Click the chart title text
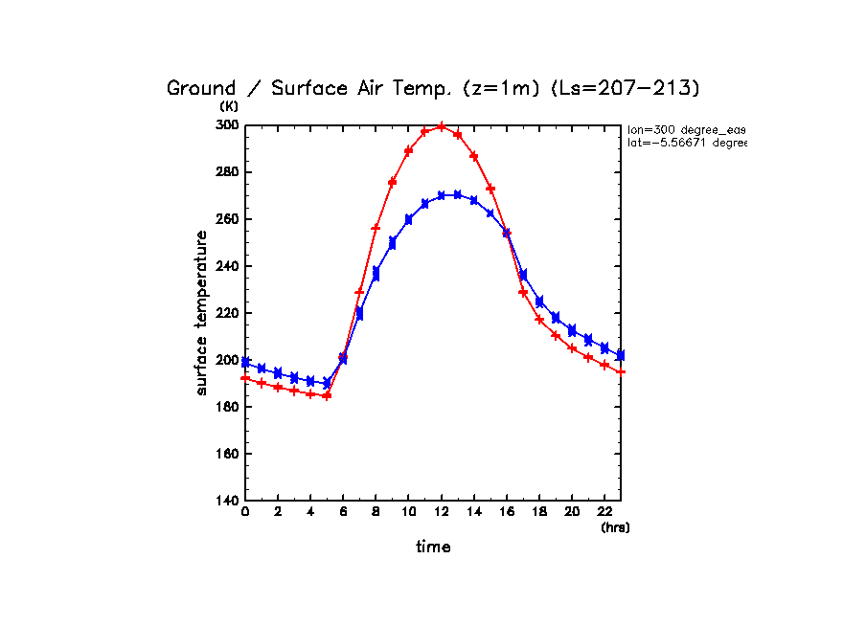(433, 88)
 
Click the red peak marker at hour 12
(441, 125)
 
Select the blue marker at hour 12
(441, 195)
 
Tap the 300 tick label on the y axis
(227, 125)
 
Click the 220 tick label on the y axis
(227, 313)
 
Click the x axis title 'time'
(433, 547)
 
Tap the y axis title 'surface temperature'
(202, 313)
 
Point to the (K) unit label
(229, 106)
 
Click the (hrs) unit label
(615, 527)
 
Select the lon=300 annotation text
(686, 129)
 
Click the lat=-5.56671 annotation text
(686, 143)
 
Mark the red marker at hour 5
(327, 395)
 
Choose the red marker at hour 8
(376, 228)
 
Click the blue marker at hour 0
(245, 363)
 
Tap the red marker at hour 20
(571, 348)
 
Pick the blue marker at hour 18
(538, 302)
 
